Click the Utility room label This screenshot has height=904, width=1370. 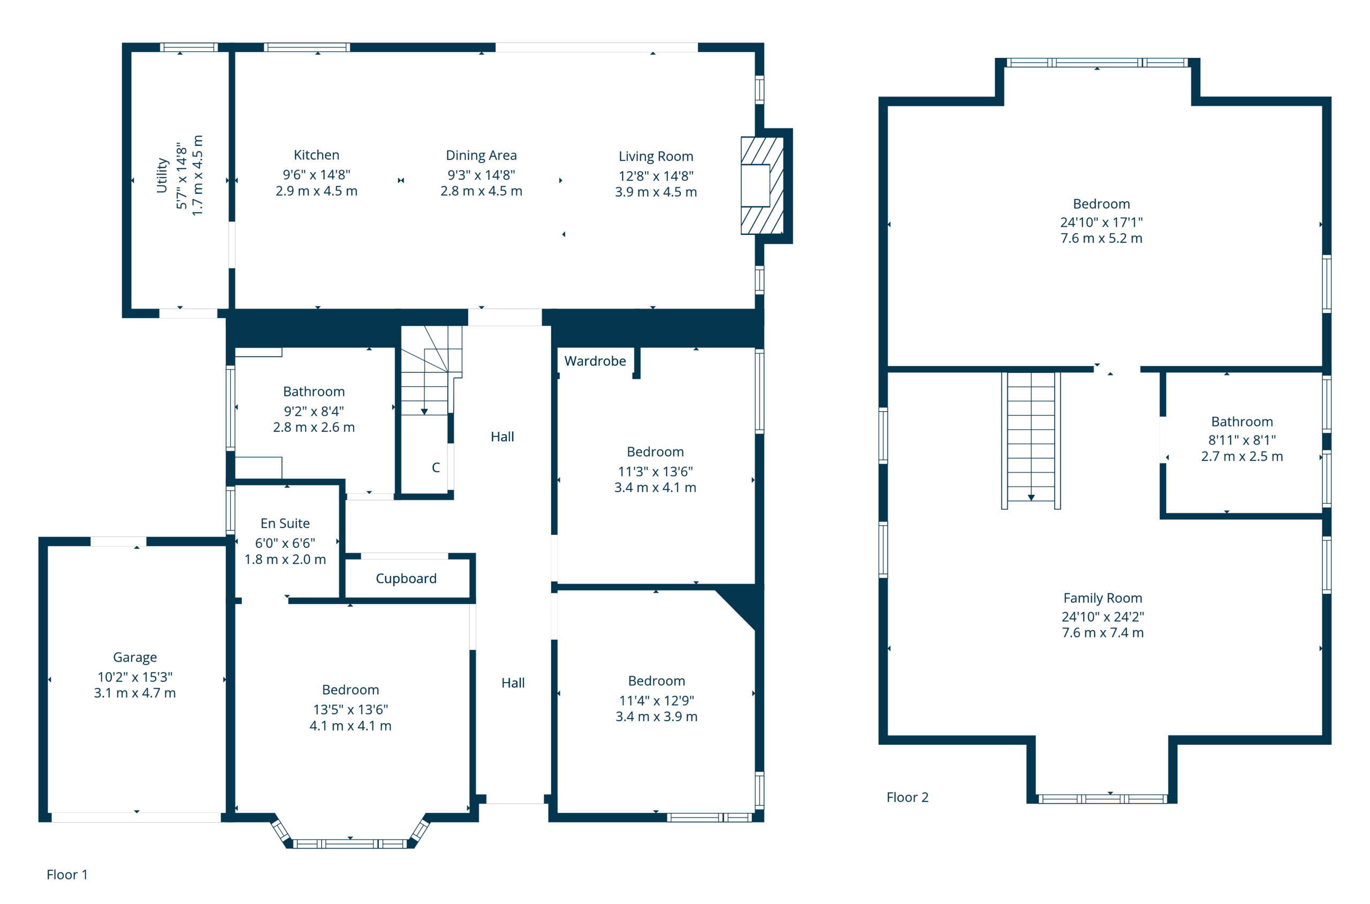click(x=162, y=175)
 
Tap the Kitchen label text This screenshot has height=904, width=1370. click(x=316, y=155)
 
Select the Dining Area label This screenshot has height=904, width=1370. click(x=481, y=156)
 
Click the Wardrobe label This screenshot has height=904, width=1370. click(x=595, y=361)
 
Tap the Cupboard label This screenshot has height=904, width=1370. click(x=406, y=578)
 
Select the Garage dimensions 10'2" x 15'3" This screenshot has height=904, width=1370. click(x=135, y=676)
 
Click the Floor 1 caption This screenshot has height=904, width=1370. click(x=67, y=875)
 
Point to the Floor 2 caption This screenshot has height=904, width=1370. click(x=908, y=798)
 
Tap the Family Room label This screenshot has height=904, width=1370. click(x=1102, y=599)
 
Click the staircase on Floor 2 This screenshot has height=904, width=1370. click(x=1030, y=440)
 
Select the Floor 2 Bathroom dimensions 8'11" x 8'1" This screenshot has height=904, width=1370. click(x=1242, y=440)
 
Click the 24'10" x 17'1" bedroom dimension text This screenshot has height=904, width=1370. click(x=1101, y=222)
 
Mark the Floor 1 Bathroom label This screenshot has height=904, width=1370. click(x=314, y=392)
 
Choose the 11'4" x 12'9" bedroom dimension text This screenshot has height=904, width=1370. click(x=657, y=701)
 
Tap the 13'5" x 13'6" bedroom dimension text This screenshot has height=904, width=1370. click(x=350, y=709)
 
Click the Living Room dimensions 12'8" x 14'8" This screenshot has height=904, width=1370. click(x=656, y=176)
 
